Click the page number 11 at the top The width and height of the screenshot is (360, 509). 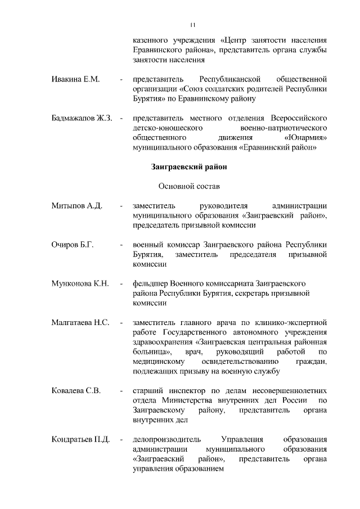192,25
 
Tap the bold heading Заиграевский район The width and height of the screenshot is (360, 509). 188,166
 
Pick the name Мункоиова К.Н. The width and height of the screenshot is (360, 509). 79,283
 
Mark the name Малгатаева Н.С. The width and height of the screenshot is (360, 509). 79,323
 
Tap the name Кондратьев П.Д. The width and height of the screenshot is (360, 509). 80,439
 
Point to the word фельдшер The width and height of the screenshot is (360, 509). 148,283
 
